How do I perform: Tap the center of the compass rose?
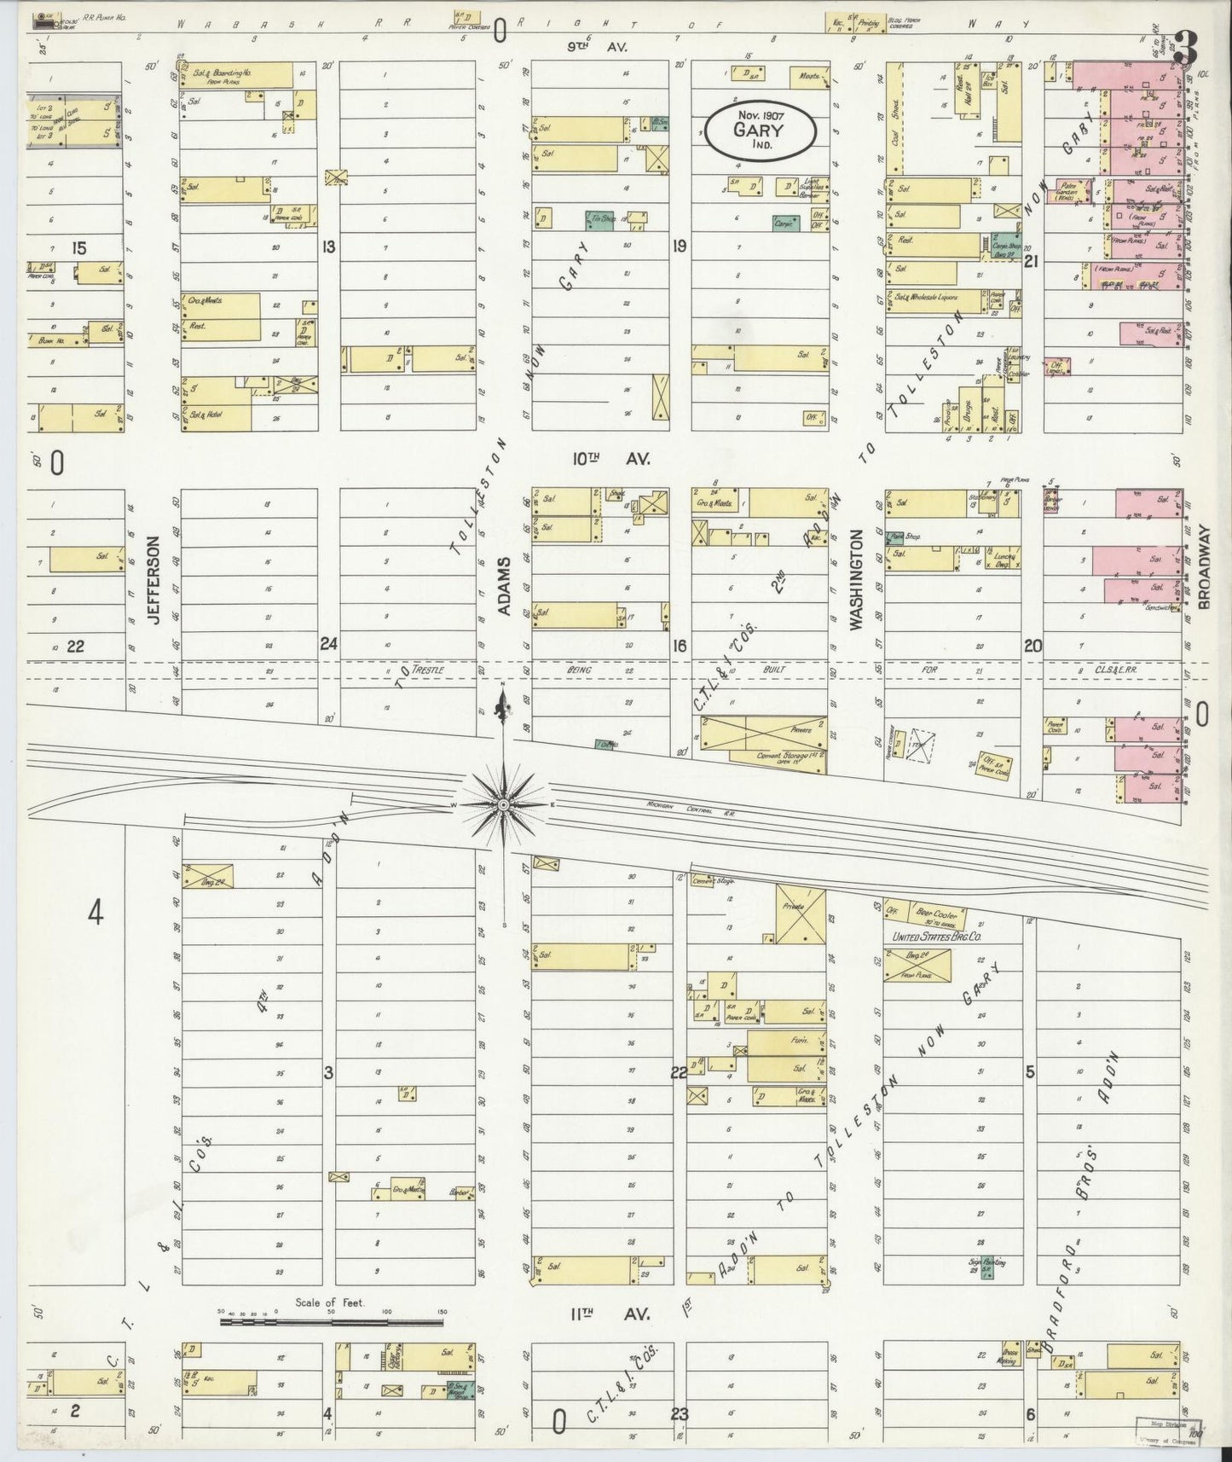(x=504, y=804)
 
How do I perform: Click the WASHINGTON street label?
(x=858, y=580)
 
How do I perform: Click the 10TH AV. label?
(x=610, y=459)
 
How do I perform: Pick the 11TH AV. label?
(x=610, y=1314)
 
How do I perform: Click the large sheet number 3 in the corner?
(x=1183, y=48)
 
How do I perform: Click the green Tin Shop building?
(x=600, y=221)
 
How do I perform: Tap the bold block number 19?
(x=679, y=247)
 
